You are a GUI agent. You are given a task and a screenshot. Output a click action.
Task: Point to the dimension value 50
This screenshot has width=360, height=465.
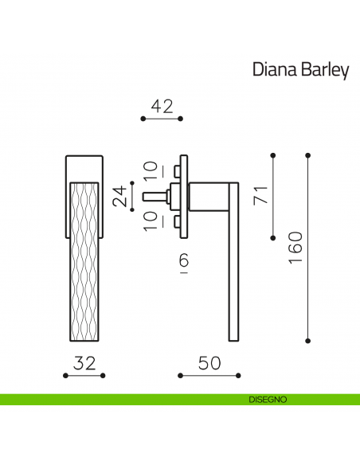209,363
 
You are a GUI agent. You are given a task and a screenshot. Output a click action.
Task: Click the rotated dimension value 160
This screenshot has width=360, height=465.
295,246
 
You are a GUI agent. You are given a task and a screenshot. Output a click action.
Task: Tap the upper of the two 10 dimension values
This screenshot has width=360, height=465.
151,170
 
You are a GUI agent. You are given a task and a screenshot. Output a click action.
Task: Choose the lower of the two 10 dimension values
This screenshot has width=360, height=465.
151,221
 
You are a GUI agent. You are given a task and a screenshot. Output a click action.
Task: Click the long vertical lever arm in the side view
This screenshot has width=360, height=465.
233,271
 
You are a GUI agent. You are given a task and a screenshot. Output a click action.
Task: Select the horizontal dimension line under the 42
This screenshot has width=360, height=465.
162,119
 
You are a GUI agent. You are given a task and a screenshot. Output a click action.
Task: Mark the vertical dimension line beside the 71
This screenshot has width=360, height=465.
273,194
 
